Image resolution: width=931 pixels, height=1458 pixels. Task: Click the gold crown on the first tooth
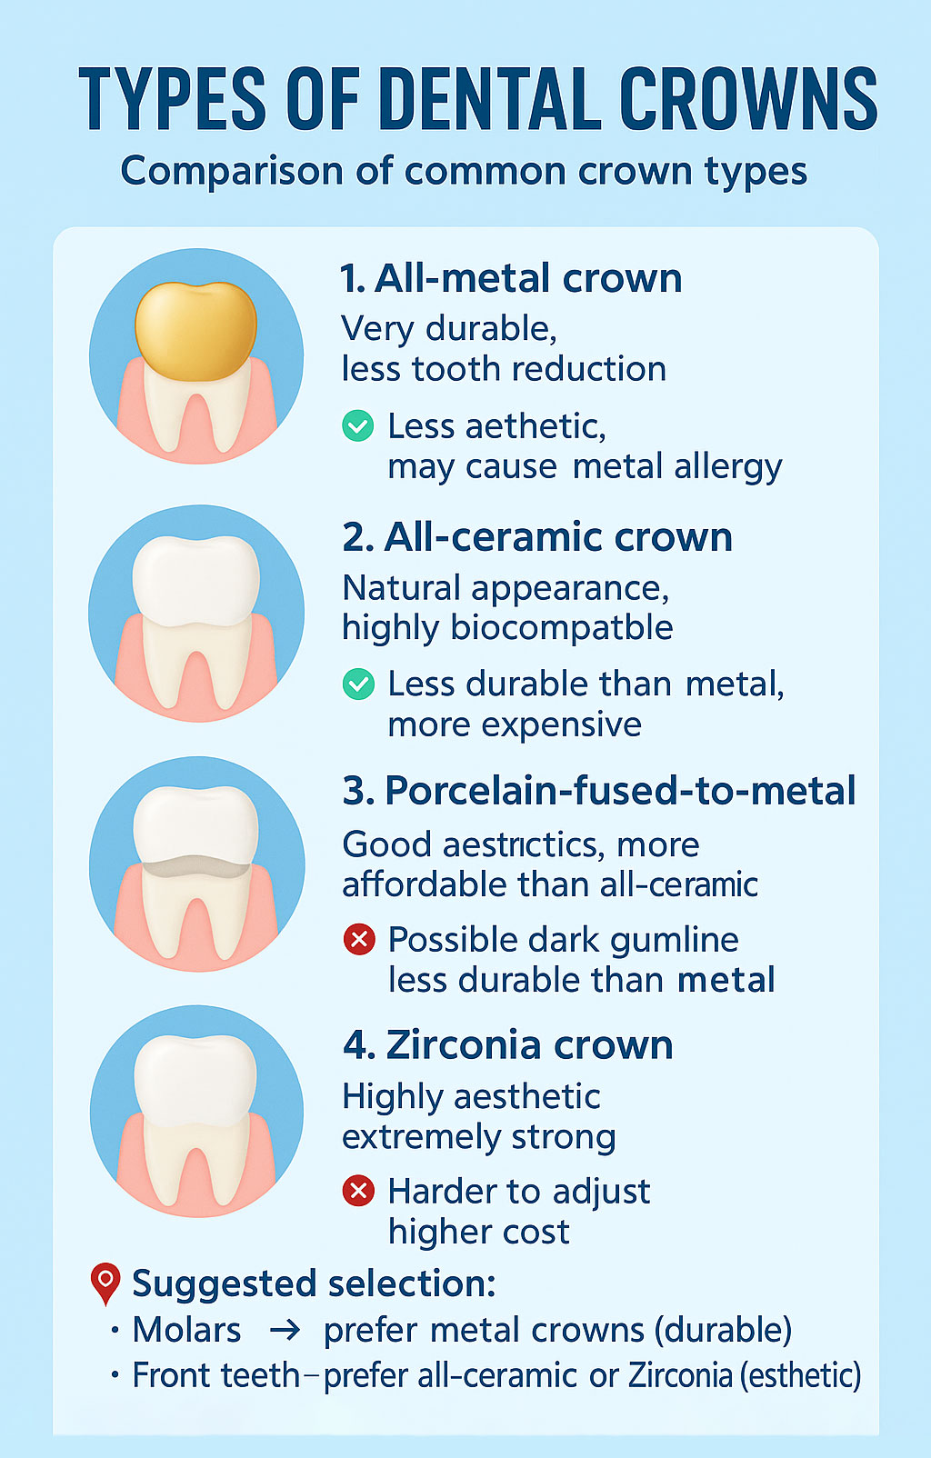click(x=195, y=331)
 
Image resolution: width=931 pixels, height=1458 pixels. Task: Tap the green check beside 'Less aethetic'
click(x=358, y=426)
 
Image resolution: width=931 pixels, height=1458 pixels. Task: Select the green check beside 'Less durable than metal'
click(x=358, y=684)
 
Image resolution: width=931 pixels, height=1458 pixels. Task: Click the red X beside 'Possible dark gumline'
click(x=359, y=939)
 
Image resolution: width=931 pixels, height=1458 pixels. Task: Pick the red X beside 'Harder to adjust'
click(x=358, y=1191)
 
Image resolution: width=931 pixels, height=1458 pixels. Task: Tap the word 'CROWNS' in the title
click(x=748, y=99)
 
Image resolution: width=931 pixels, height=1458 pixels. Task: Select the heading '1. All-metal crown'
click(x=511, y=278)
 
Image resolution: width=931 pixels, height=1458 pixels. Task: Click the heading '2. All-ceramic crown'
click(x=537, y=537)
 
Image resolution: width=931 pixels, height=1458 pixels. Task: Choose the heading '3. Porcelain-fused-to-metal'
click(x=599, y=791)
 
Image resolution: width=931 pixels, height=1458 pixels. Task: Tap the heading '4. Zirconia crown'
click(x=508, y=1045)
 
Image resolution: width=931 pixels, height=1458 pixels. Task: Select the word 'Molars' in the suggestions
click(x=187, y=1330)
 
